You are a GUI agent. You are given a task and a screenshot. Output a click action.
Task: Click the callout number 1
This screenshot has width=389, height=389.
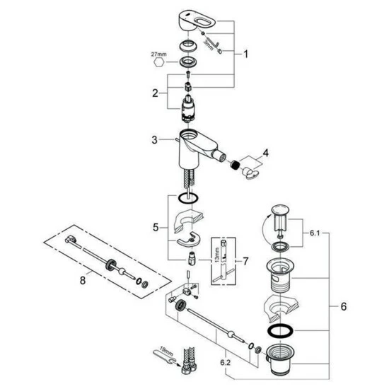click(245, 54)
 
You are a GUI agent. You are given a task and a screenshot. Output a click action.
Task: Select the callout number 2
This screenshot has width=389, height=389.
click(155, 93)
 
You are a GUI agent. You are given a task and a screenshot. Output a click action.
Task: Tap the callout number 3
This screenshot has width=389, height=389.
click(155, 140)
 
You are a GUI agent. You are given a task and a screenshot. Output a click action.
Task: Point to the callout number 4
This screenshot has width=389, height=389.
click(265, 153)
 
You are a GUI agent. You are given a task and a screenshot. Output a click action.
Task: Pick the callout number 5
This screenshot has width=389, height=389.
click(156, 227)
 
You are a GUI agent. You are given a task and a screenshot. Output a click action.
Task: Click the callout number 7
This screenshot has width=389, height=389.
click(245, 261)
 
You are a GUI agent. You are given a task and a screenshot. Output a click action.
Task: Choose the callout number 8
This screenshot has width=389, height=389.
click(83, 280)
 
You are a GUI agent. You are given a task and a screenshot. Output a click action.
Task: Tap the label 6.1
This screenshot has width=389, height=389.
click(315, 233)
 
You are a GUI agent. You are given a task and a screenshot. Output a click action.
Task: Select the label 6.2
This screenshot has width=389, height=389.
click(225, 362)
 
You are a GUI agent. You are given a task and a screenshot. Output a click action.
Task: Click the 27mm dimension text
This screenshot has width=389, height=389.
click(158, 54)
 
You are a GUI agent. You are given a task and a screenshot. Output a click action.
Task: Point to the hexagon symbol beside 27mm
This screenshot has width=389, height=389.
click(159, 62)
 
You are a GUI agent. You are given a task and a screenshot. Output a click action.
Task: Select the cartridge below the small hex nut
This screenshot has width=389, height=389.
click(188, 108)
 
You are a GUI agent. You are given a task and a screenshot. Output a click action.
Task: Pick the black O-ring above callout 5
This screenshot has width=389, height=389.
click(188, 198)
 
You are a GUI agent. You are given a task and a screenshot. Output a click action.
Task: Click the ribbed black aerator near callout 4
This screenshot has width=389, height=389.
click(235, 165)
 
